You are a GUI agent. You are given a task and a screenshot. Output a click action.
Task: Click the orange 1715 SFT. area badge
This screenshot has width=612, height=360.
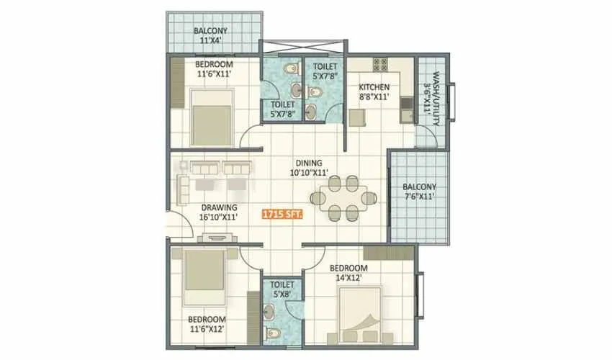coord(282,215)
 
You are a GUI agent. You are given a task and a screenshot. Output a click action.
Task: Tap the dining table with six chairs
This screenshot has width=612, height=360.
coord(338,197)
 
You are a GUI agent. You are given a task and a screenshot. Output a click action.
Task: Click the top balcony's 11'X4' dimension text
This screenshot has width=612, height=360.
coord(210,42)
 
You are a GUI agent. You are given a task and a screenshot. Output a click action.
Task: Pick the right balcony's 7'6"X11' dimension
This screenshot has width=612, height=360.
coord(418,197)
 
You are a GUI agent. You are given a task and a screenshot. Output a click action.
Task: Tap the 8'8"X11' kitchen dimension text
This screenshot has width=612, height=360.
coord(374,96)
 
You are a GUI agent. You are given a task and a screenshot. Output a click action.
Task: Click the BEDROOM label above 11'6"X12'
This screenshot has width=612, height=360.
coord(207,319)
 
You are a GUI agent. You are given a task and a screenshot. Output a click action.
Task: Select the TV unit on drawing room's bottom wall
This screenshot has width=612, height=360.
coord(215,237)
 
